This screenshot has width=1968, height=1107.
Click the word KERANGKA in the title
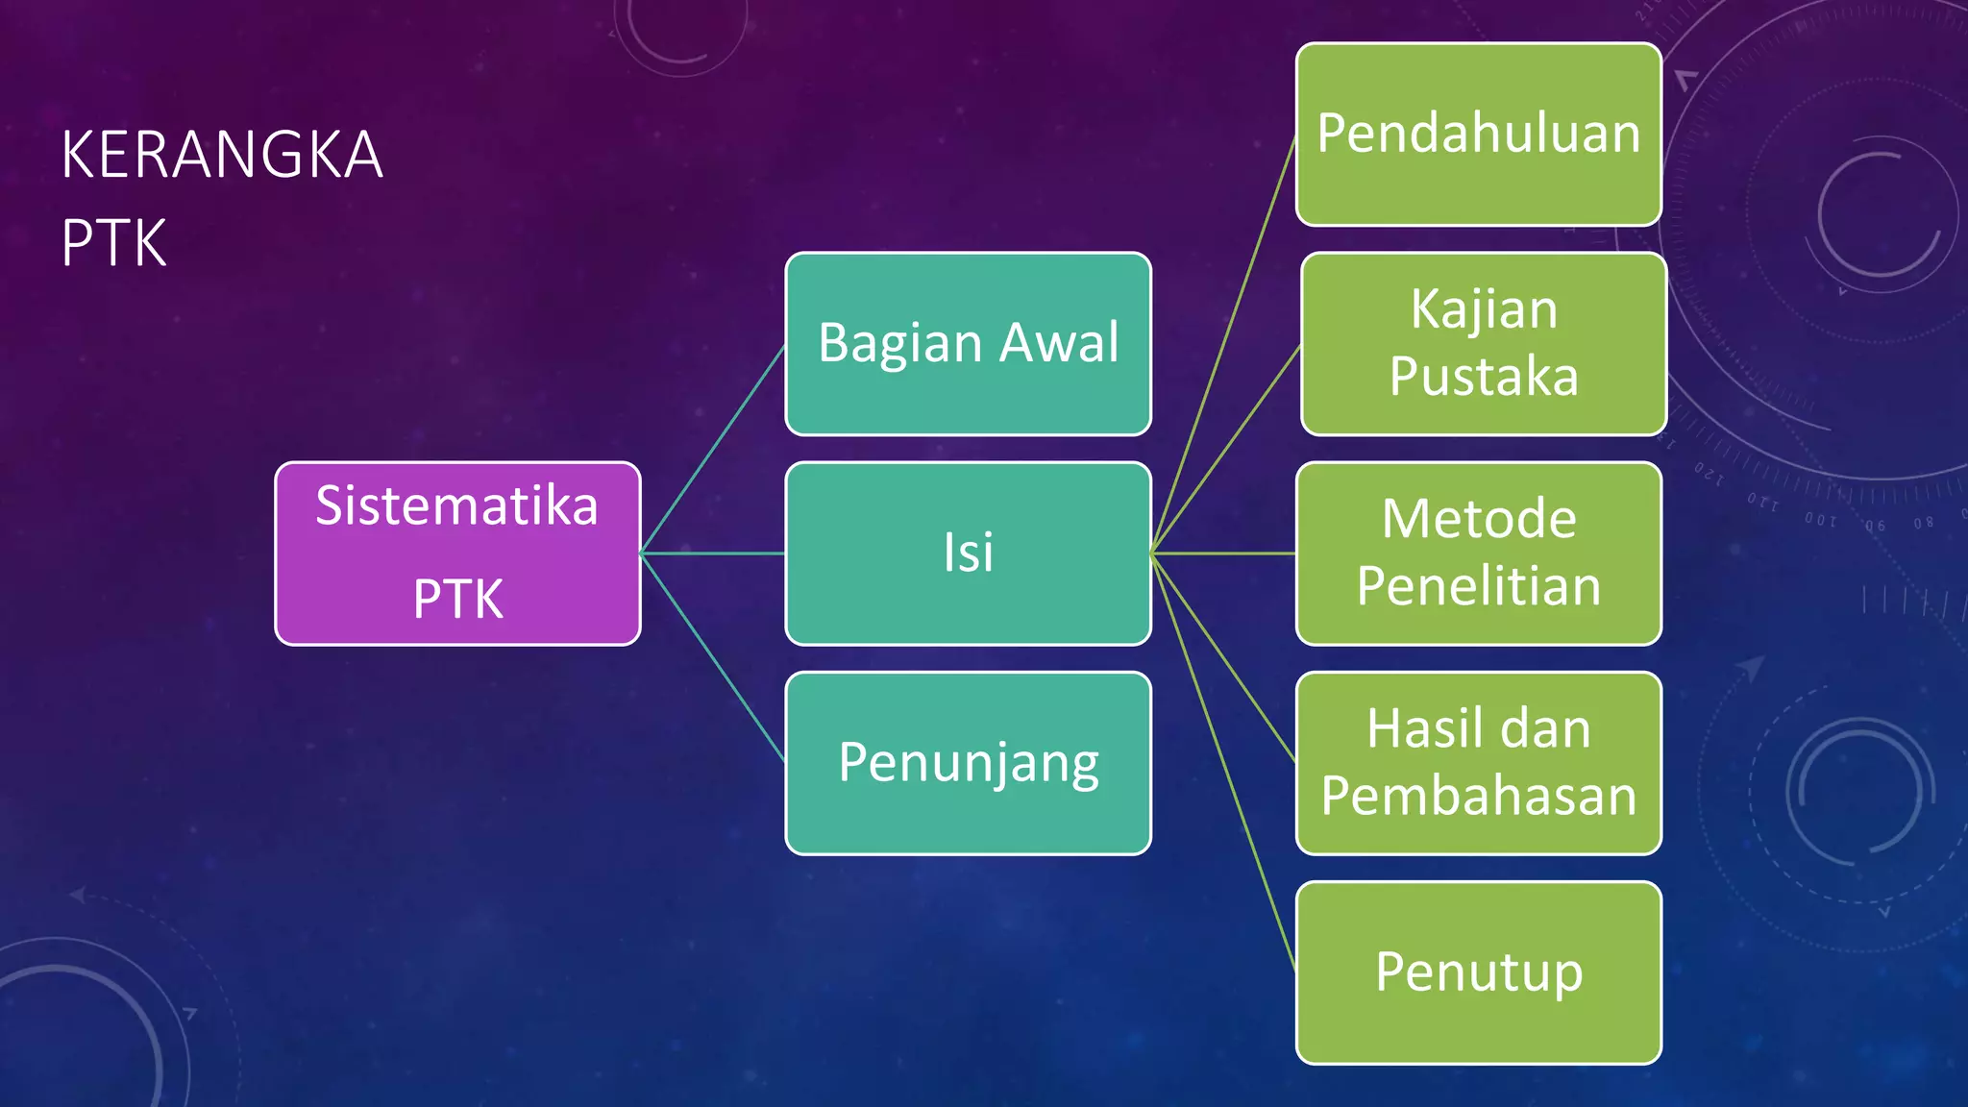(222, 155)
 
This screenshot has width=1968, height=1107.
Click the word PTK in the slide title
(113, 243)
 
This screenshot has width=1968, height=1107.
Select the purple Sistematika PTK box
(457, 553)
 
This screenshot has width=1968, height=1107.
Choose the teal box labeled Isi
(968, 553)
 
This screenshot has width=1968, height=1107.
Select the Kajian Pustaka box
(1484, 343)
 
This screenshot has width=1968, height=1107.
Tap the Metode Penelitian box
(1478, 553)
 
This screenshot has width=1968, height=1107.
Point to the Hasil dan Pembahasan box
(1478, 762)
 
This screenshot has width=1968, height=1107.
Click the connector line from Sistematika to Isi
(713, 553)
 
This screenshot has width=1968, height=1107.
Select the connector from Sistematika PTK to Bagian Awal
(713, 449)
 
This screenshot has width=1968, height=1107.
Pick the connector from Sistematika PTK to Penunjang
(713, 658)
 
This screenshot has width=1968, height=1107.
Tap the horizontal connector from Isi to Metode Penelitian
(1223, 553)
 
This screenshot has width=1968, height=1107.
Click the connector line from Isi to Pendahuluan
(1223, 345)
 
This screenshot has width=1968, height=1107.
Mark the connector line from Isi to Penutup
(1223, 762)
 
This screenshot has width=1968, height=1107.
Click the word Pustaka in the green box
(1484, 377)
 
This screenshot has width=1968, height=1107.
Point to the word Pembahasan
(1478, 797)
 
